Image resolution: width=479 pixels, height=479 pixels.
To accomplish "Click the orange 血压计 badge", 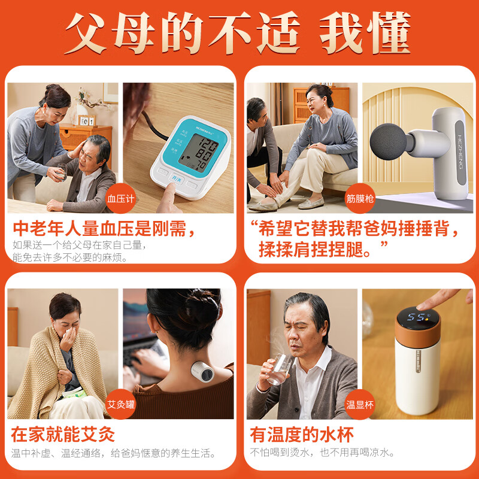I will click(122, 198).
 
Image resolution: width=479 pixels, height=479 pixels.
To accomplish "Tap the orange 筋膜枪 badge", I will click(360, 198).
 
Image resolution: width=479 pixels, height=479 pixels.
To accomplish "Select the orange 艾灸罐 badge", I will click(122, 404).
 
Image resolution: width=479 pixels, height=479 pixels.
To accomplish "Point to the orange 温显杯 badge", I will click(360, 404).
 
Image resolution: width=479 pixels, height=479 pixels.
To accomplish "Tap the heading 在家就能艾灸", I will click(63, 434).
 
